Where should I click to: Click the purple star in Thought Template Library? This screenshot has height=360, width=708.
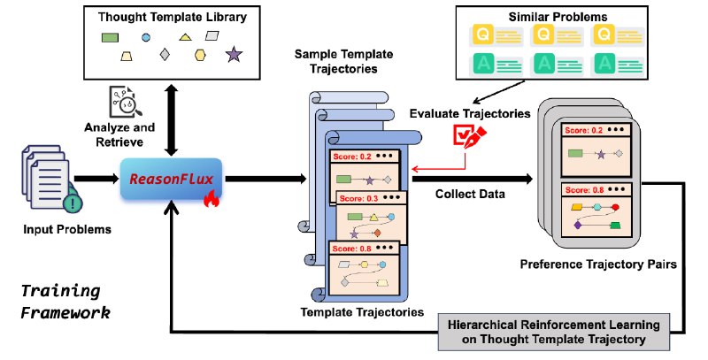point(234,54)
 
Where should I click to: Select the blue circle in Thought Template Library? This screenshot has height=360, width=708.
point(146,37)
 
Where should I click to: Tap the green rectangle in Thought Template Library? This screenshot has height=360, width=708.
point(110,37)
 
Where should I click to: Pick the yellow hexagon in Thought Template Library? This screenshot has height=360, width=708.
point(200,55)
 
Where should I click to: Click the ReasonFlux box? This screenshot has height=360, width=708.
point(171,179)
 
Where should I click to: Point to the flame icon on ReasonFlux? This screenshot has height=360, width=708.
point(211,198)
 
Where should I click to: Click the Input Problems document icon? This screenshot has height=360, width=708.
point(50,179)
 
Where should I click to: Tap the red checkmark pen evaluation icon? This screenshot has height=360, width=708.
point(470,136)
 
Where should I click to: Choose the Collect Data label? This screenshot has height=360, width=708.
point(470,194)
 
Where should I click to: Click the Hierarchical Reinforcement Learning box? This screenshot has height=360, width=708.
point(554,332)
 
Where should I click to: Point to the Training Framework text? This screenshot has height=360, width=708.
point(65,302)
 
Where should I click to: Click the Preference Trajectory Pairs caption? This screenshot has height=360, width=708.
point(598,264)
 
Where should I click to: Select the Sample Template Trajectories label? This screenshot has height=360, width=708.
point(343,61)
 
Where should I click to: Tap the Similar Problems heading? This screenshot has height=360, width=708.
point(558,17)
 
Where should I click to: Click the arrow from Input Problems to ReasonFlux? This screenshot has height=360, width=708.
point(96,179)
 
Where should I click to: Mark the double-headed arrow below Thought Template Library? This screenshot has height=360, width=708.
point(171,120)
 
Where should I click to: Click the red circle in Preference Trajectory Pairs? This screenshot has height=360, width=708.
point(615,208)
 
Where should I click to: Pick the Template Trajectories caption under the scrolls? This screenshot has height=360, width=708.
point(362,312)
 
